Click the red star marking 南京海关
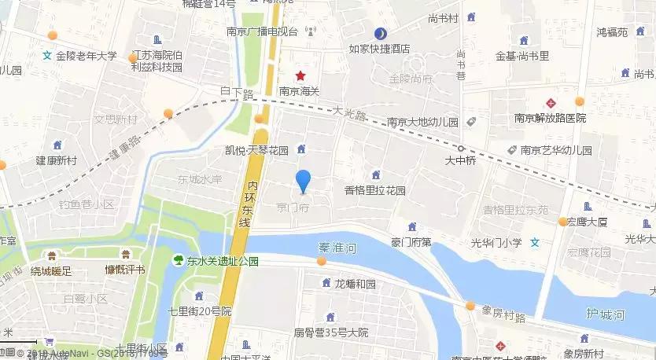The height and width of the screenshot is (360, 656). point(300,76)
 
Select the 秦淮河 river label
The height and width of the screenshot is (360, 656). point(337,247)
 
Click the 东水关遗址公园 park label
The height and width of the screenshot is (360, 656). point(223,262)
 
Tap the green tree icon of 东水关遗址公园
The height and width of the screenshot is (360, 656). point(179,259)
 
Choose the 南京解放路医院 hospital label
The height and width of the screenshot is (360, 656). point(551,118)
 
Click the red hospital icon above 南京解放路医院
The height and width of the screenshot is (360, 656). point(551,103)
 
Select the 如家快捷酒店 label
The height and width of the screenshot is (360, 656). point(380,49)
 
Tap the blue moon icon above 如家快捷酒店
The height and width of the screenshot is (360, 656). point(380,34)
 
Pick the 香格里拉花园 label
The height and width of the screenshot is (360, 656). point(375,190)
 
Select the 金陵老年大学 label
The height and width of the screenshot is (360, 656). point(86,57)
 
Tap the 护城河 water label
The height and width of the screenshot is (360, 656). point(605,315)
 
